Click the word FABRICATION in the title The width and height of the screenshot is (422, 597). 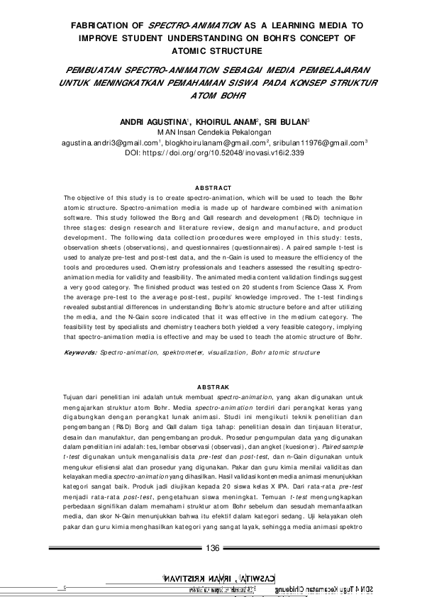click(93, 24)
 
